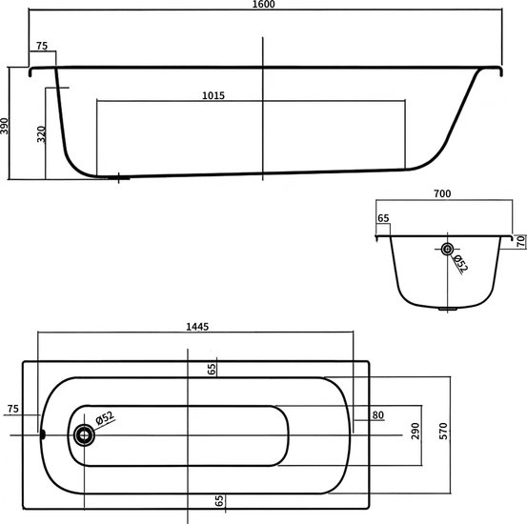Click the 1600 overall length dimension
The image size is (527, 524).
pos(263,4)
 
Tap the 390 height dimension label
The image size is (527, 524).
pos(5,126)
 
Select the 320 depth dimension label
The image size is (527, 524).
pos(41,134)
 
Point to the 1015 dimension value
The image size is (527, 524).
pos(213,96)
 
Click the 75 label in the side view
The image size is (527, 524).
pos(42,46)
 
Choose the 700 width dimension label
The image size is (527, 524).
pos(442,193)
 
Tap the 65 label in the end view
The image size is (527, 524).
pos(383,218)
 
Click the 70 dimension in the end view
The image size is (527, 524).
pos(520,241)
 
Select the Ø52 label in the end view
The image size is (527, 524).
pos(460,263)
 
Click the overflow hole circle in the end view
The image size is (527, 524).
pos(447,249)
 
